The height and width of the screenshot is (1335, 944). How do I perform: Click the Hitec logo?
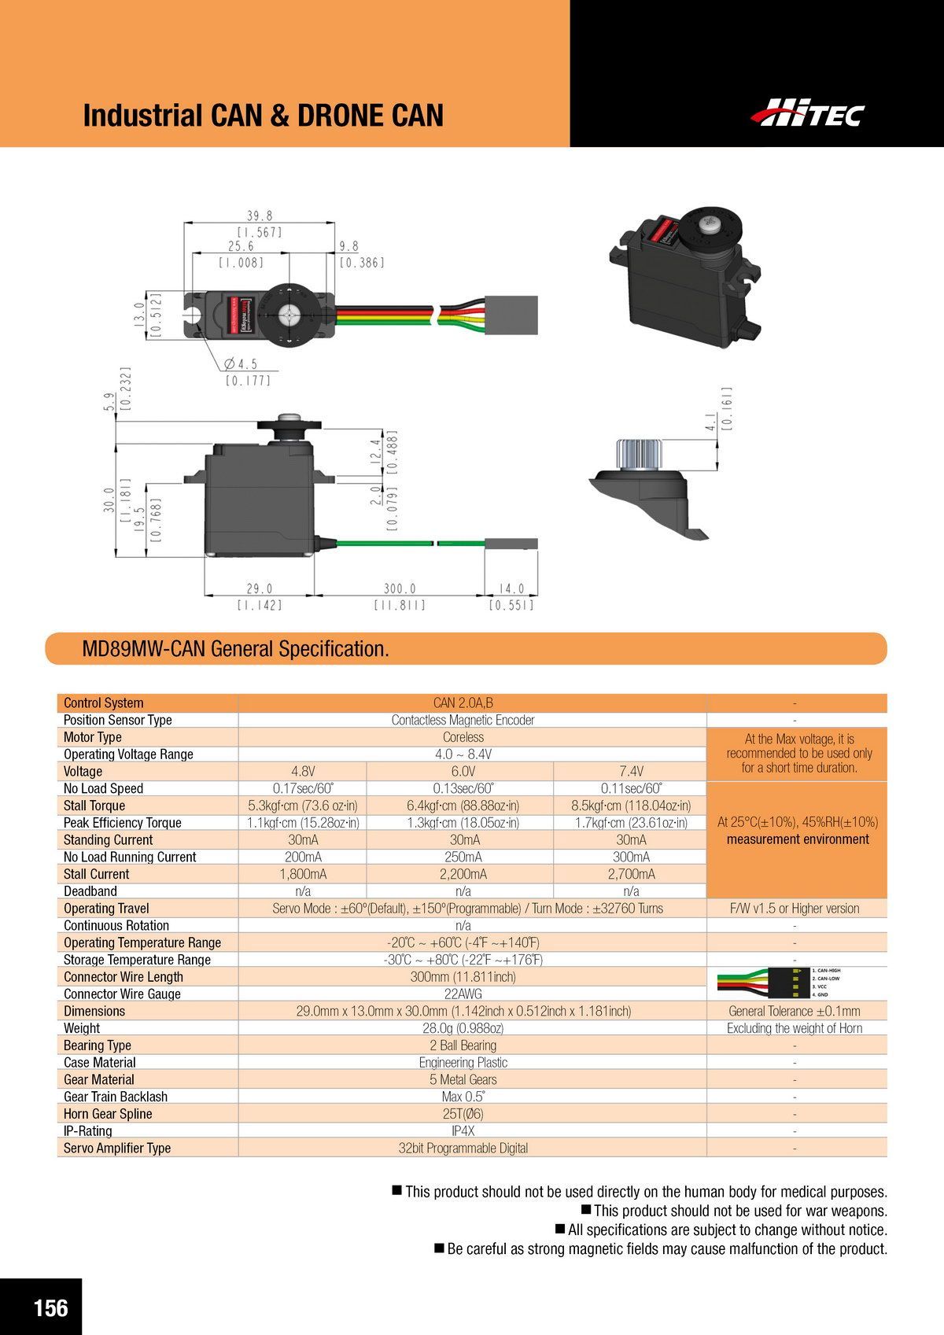807,113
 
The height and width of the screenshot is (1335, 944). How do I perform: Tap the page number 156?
50,1307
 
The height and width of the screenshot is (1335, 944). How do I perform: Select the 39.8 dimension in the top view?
259,216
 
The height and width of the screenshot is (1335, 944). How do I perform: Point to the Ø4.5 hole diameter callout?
242,364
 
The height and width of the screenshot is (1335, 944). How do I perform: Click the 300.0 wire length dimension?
400,588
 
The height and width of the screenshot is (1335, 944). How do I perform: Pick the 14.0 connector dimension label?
511,588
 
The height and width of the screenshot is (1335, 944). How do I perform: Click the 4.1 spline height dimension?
711,423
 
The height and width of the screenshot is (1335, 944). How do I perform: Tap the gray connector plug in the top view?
512,310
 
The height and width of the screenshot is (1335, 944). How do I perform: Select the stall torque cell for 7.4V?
631,806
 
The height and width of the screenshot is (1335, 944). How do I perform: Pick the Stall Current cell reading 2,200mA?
463,874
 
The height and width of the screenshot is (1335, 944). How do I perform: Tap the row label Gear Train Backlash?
116,1097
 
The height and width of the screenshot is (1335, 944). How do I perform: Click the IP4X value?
463,1130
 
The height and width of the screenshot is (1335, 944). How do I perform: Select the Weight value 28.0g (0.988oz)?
463,1028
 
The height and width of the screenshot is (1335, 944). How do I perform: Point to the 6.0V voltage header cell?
463,771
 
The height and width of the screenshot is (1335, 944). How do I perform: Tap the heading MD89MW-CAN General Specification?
236,649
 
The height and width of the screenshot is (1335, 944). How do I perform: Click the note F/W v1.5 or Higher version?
795,909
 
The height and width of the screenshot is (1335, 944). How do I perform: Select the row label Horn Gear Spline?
108,1114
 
